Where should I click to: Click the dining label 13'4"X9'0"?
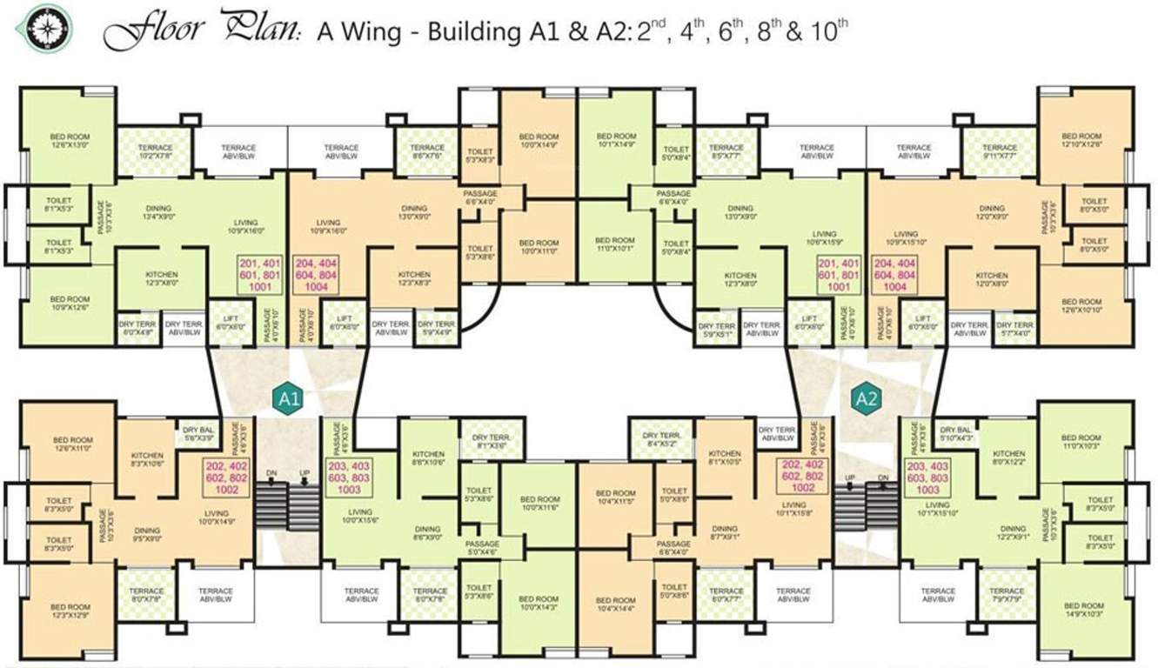158,213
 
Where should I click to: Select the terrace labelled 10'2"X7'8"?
155,152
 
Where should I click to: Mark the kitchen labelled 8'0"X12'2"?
1008,458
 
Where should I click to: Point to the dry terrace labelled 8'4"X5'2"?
661,440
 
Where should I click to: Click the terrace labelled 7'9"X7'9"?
1007,596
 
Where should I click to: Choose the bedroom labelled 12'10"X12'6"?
1081,141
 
